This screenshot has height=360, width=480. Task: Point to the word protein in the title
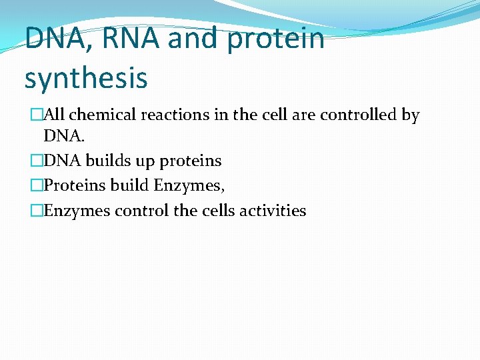click(x=275, y=39)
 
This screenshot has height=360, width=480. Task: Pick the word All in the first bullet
click(x=57, y=115)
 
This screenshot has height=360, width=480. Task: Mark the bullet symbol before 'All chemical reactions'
click(x=37, y=115)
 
